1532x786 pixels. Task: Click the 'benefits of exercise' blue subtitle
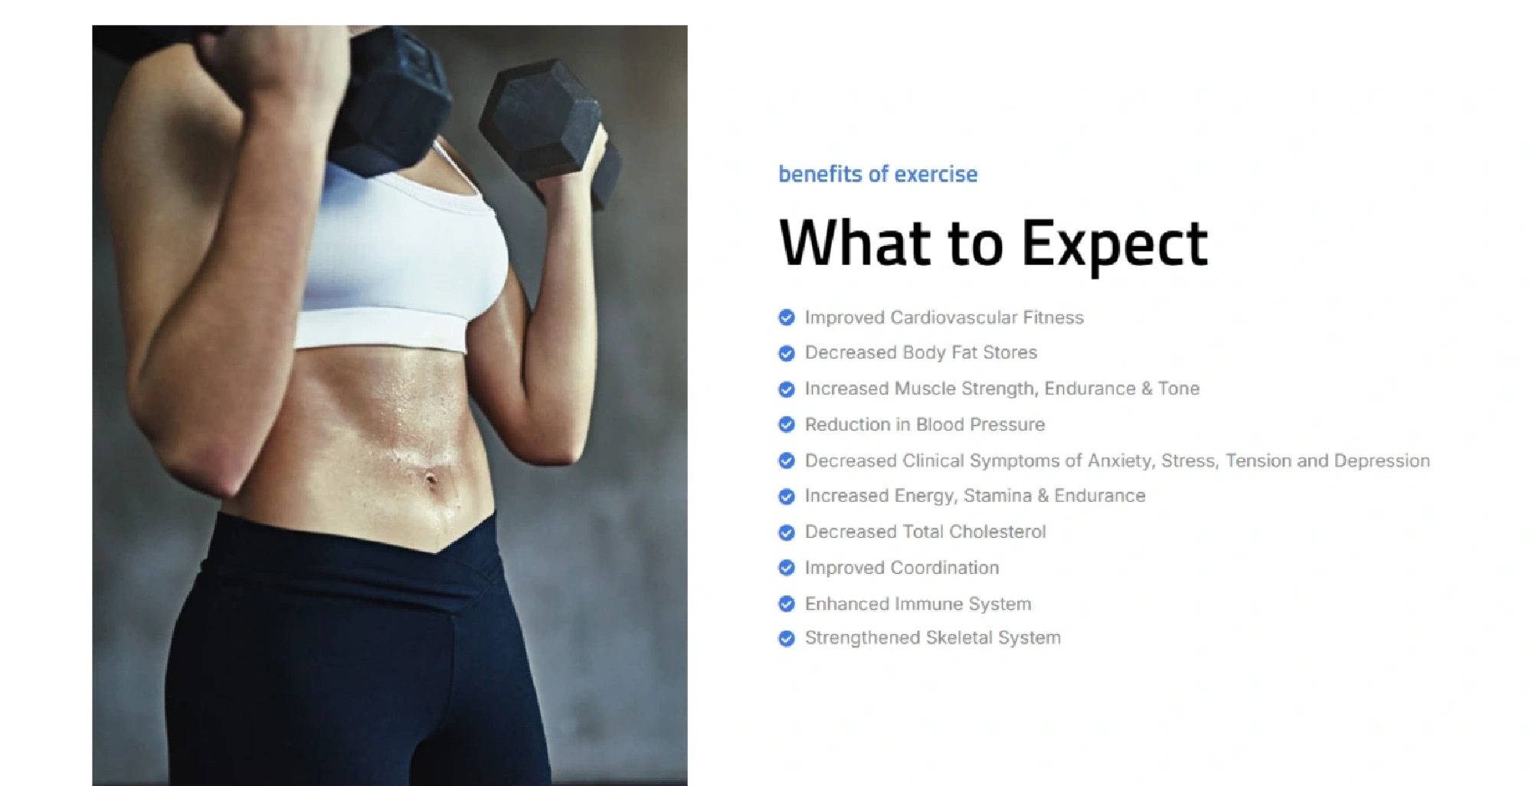click(x=878, y=174)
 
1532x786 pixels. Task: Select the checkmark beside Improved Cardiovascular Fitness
click(x=787, y=318)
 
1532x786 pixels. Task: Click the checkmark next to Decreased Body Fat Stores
click(x=787, y=353)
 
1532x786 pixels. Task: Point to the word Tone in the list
click(x=1179, y=388)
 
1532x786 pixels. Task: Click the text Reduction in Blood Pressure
click(x=925, y=424)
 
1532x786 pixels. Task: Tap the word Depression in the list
click(x=1382, y=460)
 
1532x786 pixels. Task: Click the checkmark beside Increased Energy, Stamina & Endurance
click(x=787, y=496)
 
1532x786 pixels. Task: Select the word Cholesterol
click(x=997, y=532)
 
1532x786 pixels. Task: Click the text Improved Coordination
click(x=902, y=568)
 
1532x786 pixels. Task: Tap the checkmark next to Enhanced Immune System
click(x=787, y=604)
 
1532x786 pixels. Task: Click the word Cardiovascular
click(x=954, y=317)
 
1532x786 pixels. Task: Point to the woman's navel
click(x=431, y=480)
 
